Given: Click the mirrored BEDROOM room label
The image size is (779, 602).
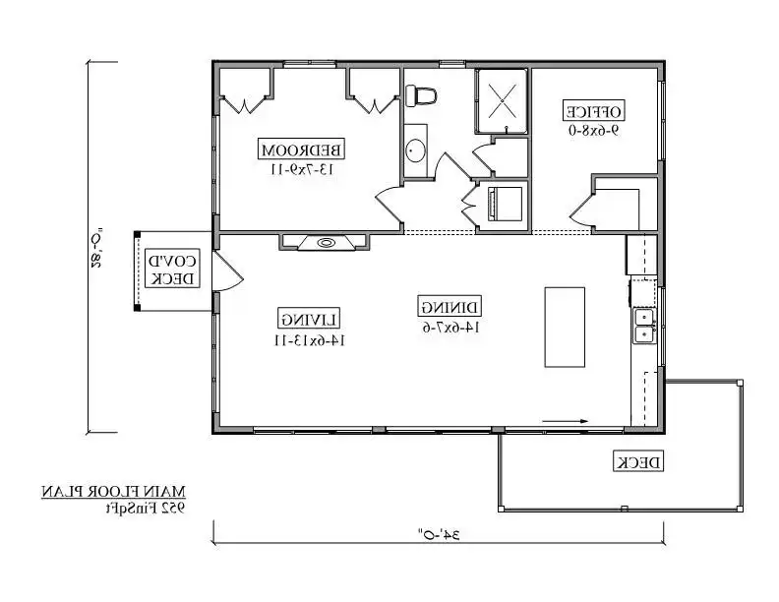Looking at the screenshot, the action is coord(302,150).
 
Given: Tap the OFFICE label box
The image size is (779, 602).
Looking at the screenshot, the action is coord(594,110).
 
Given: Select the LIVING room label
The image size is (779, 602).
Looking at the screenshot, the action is coord(309,319).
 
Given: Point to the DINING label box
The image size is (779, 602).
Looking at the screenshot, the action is coord(449,307).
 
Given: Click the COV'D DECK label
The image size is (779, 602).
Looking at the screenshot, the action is coord(172,269).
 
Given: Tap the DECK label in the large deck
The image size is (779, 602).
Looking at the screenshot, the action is coord(638,461).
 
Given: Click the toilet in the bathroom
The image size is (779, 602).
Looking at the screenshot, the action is coord(421,95).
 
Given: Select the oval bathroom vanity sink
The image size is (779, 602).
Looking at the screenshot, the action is coord(415,150).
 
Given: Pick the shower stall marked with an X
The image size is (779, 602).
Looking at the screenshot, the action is coord(502,101).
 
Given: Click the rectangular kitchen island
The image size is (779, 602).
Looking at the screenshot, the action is coord(565,327).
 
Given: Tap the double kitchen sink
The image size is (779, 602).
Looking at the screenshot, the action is coord(644,326).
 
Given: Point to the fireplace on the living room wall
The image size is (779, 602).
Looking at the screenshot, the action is coord(326,242).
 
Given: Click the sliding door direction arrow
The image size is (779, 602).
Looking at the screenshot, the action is coord(565,421).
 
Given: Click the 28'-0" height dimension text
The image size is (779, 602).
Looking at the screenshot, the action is coord(97,248).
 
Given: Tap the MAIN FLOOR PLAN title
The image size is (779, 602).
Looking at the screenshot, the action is coord(113,492).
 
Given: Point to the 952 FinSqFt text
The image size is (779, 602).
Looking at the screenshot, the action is coord(145,508).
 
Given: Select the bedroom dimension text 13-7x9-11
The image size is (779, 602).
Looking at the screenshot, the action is coord(302,169).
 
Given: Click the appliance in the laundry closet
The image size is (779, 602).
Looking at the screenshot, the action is coord(506,204).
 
